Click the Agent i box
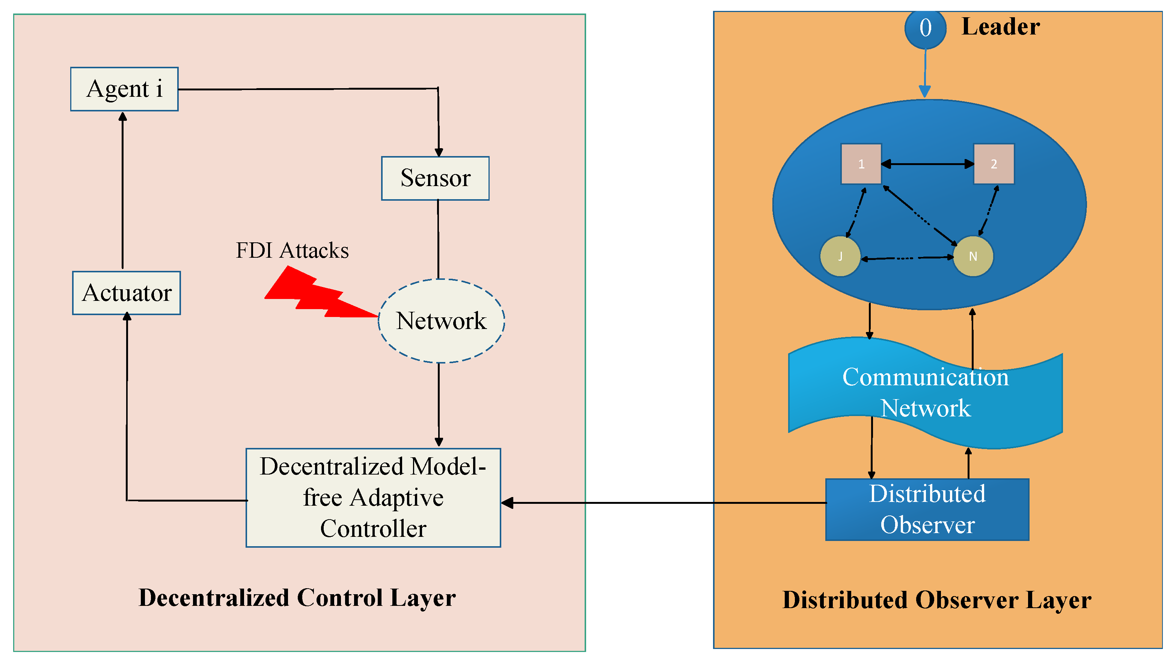click(124, 89)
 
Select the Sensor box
click(435, 178)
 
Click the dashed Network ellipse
click(441, 321)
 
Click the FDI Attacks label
click(292, 251)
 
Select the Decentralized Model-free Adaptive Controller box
click(373, 497)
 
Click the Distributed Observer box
click(927, 509)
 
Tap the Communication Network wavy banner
click(925, 393)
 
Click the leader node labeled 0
click(925, 29)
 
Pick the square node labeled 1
click(861, 164)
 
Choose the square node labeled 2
click(994, 164)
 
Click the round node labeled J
click(840, 257)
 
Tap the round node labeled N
click(973, 257)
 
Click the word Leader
click(1000, 27)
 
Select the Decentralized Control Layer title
click(297, 598)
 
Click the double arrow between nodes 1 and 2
click(927, 164)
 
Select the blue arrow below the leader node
click(925, 73)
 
